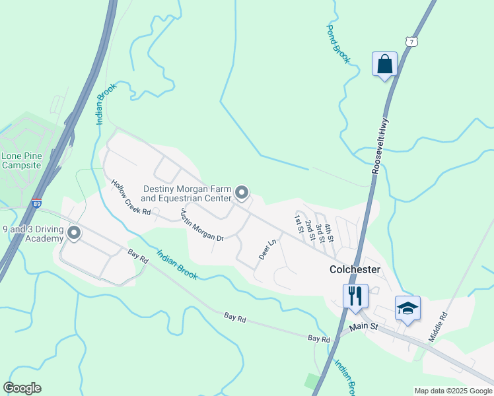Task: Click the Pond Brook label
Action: (338, 44)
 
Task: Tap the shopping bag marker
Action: (384, 65)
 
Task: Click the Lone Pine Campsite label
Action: (22, 160)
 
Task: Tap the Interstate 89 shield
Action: (36, 205)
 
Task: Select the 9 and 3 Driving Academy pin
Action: (74, 232)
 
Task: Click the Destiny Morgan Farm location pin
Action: (242, 193)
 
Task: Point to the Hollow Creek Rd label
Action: (131, 198)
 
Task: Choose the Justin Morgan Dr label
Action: (202, 226)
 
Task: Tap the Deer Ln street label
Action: (267, 249)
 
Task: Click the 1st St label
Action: (299, 224)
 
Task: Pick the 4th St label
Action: (329, 234)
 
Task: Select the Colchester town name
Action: (355, 270)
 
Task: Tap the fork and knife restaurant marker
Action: (355, 296)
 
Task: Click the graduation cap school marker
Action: (407, 308)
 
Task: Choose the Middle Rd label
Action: (438, 326)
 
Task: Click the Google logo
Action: (22, 388)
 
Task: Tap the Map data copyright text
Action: (453, 391)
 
